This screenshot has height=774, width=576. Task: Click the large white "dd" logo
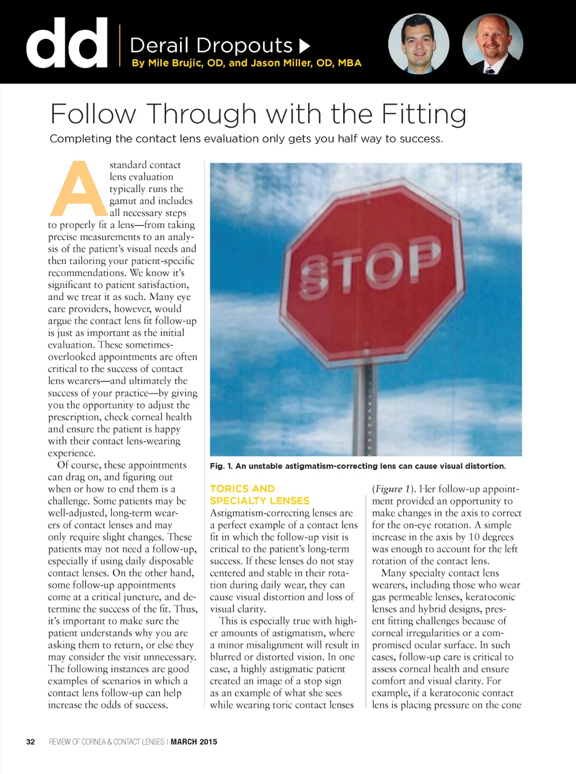click(x=66, y=43)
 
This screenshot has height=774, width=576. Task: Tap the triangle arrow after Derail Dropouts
click(x=304, y=46)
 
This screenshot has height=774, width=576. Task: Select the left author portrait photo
click(x=418, y=43)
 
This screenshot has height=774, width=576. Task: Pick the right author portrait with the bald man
click(x=492, y=43)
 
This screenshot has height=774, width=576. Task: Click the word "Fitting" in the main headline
click(x=424, y=114)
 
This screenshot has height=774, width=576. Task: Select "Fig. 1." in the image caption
click(x=221, y=466)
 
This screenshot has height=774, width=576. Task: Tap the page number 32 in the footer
click(x=30, y=742)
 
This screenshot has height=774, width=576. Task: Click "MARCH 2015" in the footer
click(x=193, y=742)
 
